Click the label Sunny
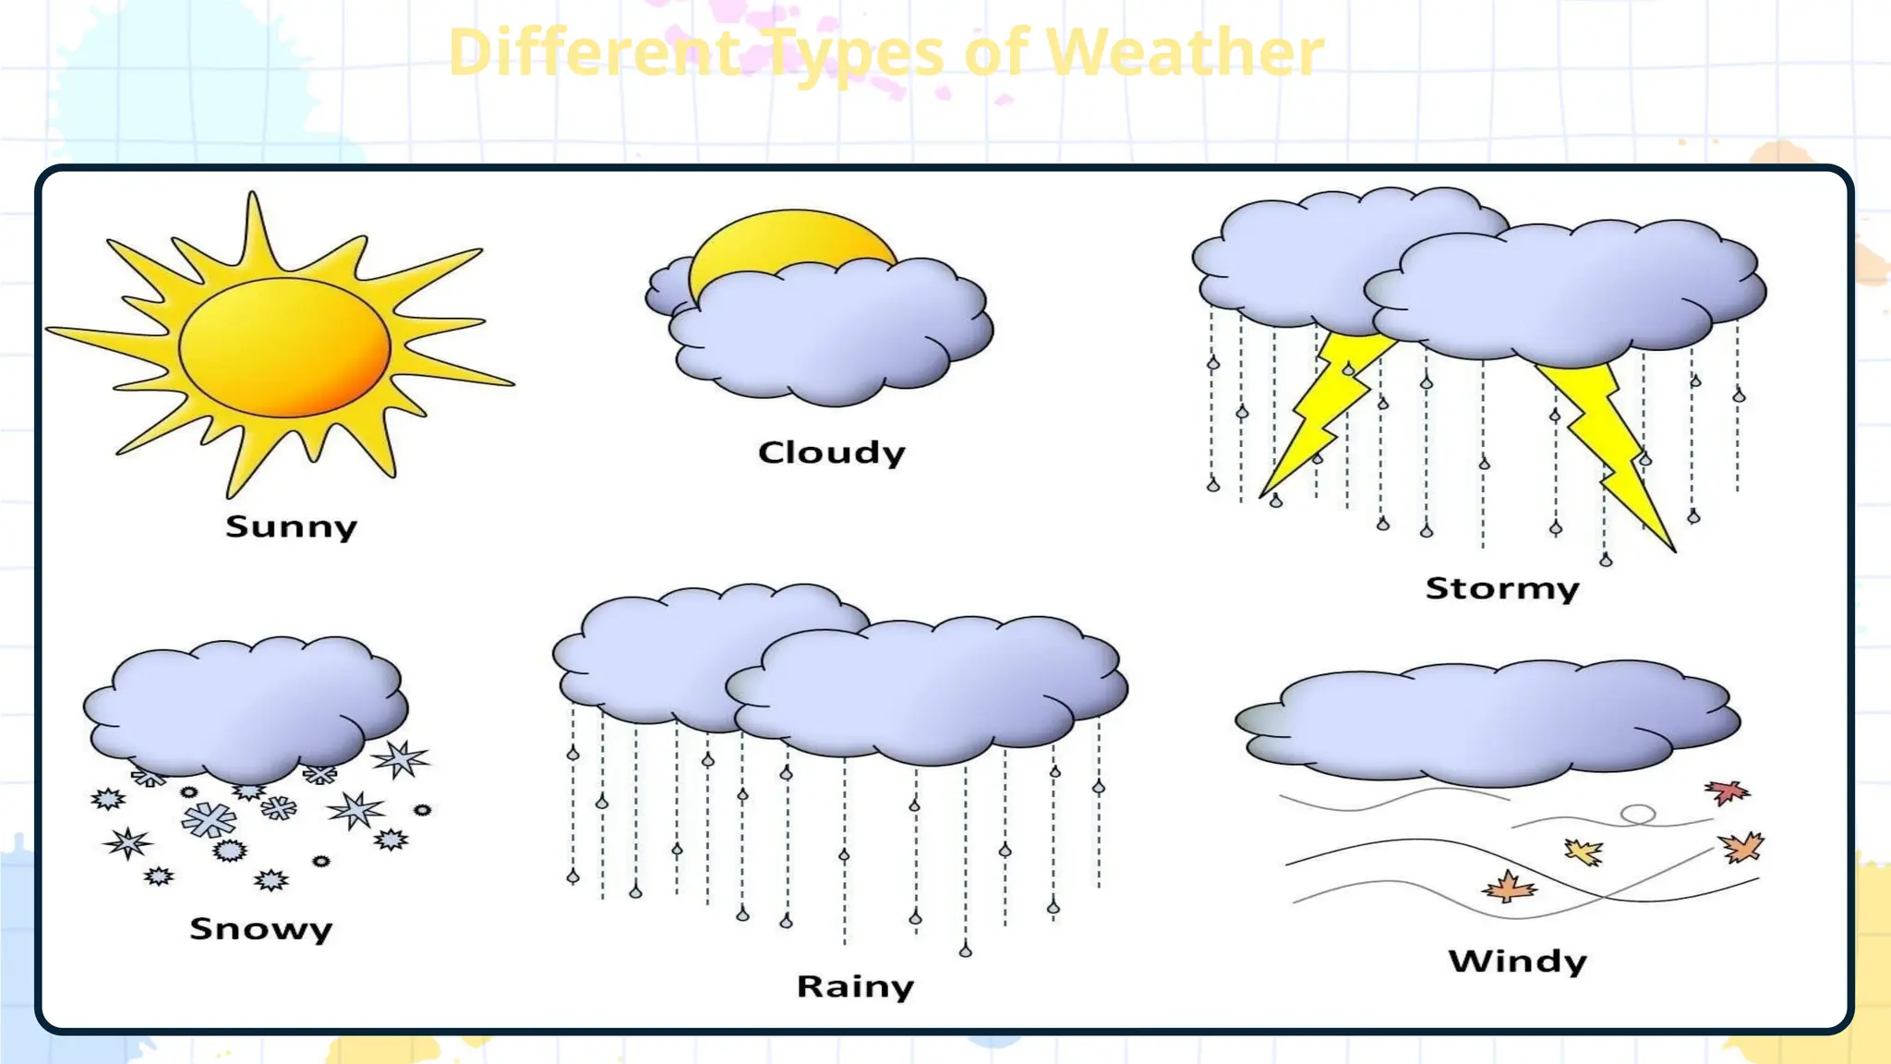[291, 526]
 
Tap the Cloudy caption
[831, 453]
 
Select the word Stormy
[1502, 588]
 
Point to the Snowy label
[260, 928]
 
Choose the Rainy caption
[855, 986]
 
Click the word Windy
[1517, 961]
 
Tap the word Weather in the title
[1185, 53]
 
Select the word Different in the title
[594, 53]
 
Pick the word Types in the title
[855, 53]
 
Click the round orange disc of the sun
[284, 347]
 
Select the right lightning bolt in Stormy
[1607, 434]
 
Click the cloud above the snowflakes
[245, 707]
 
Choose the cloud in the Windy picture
[1487, 720]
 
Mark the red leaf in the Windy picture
[1726, 792]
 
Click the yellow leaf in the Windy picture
[1584, 852]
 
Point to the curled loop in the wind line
[1638, 815]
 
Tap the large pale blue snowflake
[209, 819]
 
